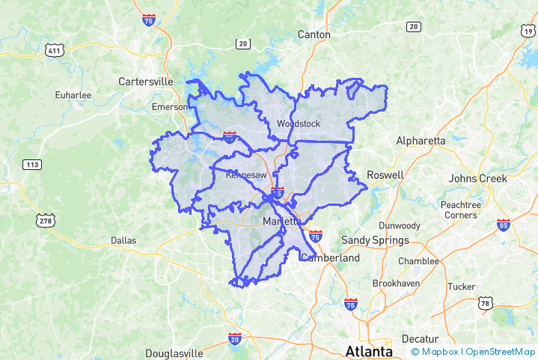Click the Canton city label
314,34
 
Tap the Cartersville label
146,82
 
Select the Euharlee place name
73,95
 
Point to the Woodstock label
298,123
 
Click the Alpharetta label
421,141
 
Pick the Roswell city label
385,175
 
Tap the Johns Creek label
477,179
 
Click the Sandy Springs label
375,240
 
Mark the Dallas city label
123,240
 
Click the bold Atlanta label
369,351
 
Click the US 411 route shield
53,50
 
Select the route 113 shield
32,165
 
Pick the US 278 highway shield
46,220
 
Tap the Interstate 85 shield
503,225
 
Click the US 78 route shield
486,303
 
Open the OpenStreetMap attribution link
501,352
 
